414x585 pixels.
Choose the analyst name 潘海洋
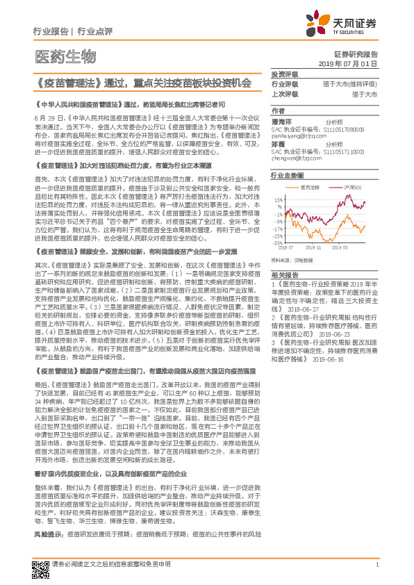tap(281, 121)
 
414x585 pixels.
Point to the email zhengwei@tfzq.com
tap(297, 156)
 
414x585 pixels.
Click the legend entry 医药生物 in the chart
tap(310, 188)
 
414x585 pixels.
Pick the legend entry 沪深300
tap(354, 188)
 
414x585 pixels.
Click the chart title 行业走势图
tap(287, 177)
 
